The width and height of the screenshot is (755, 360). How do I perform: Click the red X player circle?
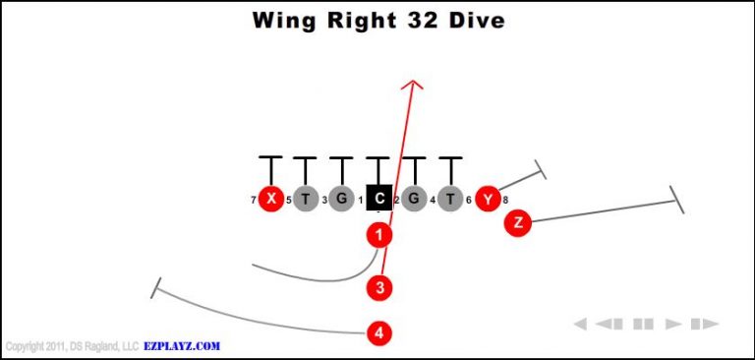[270, 200]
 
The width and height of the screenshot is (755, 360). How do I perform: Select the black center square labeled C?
[378, 200]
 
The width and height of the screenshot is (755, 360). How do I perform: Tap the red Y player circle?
[487, 200]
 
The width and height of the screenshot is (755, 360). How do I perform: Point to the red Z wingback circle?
[517, 223]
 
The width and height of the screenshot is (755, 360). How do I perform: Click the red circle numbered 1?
[379, 234]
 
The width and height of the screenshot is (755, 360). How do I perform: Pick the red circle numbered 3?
[379, 287]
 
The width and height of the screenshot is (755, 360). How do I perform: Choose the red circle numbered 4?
[379, 332]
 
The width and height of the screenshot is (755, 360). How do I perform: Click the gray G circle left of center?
[342, 200]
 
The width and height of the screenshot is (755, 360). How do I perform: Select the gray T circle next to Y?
[450, 200]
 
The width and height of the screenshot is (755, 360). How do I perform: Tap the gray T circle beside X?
[306, 200]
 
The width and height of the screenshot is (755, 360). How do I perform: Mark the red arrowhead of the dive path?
[414, 86]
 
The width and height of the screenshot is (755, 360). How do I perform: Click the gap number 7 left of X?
[254, 201]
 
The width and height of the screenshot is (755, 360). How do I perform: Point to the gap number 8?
[505, 201]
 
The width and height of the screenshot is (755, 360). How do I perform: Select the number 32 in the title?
[414, 21]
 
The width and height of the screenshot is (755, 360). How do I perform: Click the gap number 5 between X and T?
[288, 201]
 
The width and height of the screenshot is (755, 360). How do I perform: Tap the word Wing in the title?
[280, 21]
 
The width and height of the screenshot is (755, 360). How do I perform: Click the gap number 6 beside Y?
[469, 201]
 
